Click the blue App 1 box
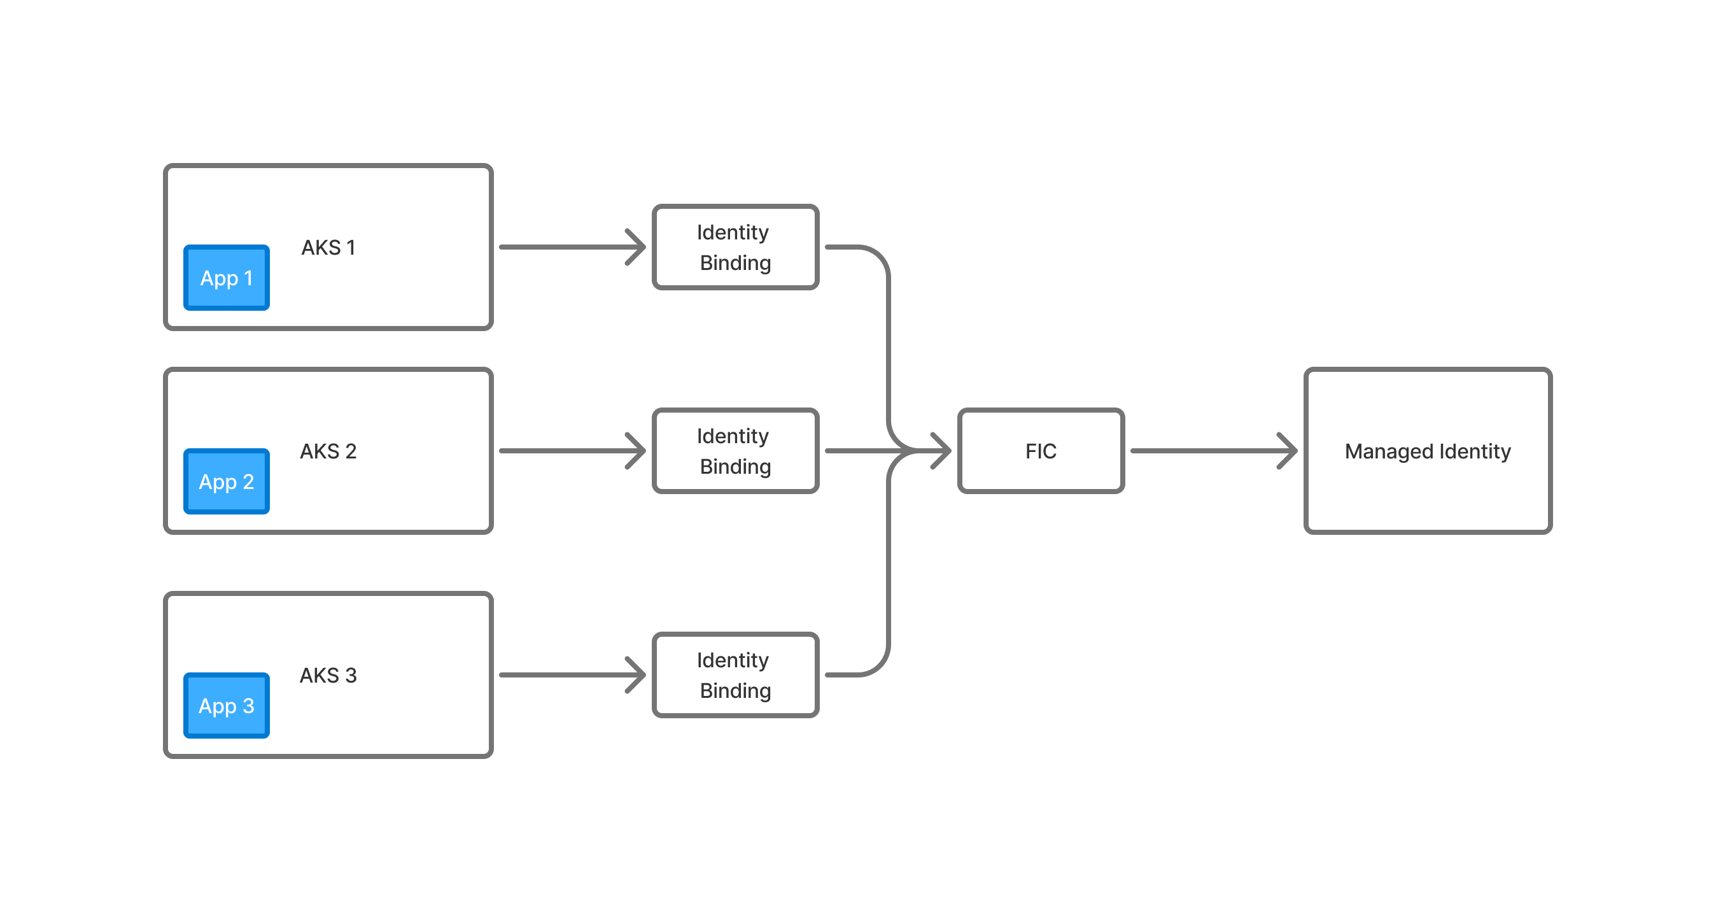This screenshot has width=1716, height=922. pos(227,278)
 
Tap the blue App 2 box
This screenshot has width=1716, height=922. pos(227,481)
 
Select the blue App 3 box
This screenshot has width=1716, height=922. pos(227,706)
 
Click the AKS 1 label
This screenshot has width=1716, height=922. pos(328,248)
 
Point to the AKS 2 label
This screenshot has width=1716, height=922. pos(328,451)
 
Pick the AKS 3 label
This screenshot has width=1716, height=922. pos(328,676)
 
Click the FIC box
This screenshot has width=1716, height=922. pos(1041,451)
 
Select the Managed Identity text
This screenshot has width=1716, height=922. pos(1428,451)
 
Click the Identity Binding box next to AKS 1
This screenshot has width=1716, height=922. pos(735,247)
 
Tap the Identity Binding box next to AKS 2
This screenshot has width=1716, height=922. pos(735,451)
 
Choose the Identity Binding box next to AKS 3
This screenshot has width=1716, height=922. pos(735,675)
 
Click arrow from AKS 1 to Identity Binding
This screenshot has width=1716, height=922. pos(566,247)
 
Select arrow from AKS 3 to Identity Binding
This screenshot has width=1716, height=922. pos(566,675)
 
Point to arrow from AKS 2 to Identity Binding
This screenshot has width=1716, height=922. pos(566,451)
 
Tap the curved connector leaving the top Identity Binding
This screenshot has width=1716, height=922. pos(889,333)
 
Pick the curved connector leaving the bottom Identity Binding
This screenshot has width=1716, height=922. pos(889,573)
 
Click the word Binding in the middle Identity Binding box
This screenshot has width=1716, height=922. pos(735,467)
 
